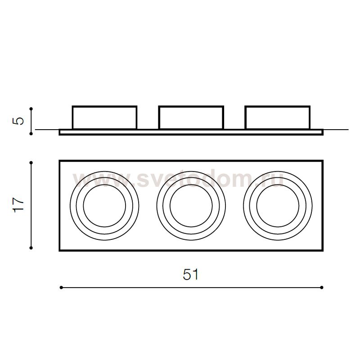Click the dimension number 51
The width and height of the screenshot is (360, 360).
pyautogui.click(x=190, y=274)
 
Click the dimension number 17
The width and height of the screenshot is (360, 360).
pyautogui.click(x=18, y=205)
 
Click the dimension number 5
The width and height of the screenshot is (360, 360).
pyautogui.click(x=18, y=121)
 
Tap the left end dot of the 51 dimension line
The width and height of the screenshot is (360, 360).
pyautogui.click(x=61, y=288)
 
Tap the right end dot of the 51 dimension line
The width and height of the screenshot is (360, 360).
pyautogui.click(x=322, y=288)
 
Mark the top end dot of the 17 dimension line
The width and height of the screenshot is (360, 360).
pyautogui.click(x=31, y=163)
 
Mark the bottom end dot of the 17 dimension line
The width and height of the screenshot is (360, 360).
pyautogui.click(x=31, y=248)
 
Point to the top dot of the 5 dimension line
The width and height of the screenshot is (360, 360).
pyautogui.click(x=31, y=108)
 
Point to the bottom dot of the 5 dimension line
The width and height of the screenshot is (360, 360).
pyautogui.click(x=31, y=133)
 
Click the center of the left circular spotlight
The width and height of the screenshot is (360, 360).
pyautogui.click(x=104, y=206)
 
